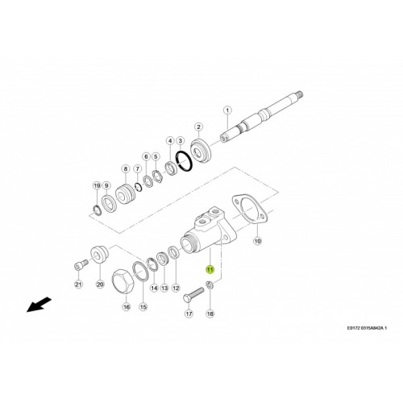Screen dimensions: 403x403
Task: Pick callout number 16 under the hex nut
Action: (x=126, y=307)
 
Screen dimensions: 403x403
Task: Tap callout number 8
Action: (x=126, y=168)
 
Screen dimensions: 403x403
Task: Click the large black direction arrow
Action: (x=35, y=305)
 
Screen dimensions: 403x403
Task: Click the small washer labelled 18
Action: (x=210, y=289)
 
